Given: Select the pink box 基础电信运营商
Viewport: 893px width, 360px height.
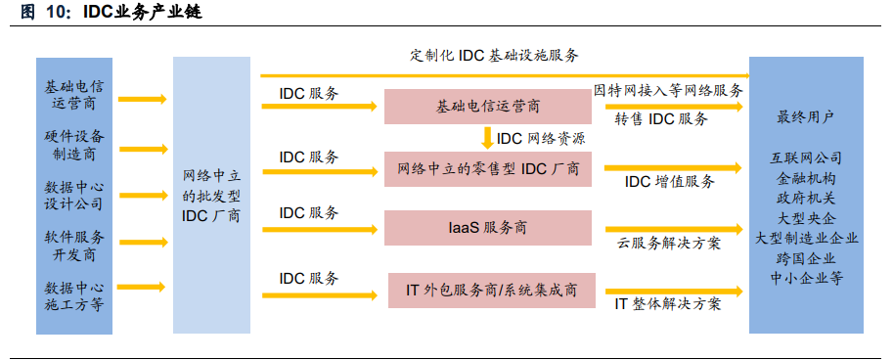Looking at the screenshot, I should (488, 107).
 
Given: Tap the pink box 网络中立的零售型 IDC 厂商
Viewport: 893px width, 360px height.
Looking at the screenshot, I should (488, 169).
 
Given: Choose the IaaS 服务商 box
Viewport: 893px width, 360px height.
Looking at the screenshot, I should (488, 228).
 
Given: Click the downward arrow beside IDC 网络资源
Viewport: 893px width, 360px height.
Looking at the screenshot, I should (487, 138).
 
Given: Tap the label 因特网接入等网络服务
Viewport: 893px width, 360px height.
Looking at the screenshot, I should (669, 90).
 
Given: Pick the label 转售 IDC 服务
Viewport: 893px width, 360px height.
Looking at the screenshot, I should (661, 118).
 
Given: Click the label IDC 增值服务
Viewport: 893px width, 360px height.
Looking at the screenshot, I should (669, 181).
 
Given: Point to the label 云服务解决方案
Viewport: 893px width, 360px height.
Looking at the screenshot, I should (668, 243).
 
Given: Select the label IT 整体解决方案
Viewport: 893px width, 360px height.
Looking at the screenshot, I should (668, 303).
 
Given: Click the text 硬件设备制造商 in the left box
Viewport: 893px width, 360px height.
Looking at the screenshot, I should (74, 145).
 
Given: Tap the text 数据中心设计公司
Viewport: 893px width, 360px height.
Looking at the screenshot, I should (74, 196).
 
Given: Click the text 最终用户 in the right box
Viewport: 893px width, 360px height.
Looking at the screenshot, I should (805, 118).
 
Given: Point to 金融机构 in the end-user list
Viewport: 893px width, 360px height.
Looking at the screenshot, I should (806, 178).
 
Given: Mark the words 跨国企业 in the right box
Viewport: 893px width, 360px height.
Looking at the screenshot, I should (806, 257).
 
